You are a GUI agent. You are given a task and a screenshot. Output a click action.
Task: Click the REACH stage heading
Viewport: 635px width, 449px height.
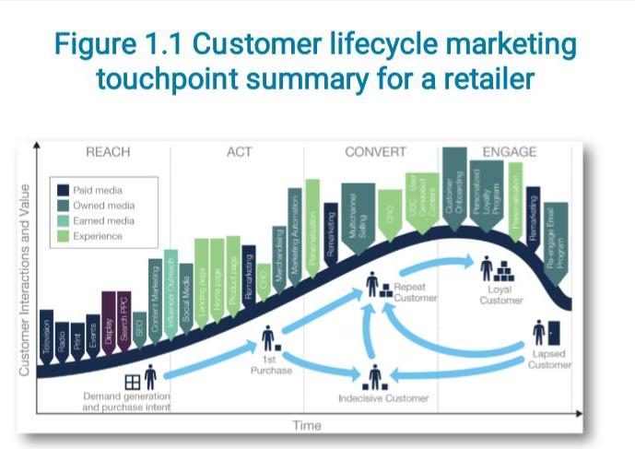[107, 152]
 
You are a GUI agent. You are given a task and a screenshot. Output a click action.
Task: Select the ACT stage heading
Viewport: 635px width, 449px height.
[239, 152]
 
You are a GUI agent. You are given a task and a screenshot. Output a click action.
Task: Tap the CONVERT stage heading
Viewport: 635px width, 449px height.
[376, 152]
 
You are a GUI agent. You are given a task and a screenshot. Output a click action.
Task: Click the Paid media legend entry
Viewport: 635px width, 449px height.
[97, 189]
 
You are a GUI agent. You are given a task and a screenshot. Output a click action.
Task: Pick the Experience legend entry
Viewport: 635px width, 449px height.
[97, 236]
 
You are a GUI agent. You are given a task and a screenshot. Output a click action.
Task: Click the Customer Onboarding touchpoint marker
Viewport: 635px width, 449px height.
[453, 184]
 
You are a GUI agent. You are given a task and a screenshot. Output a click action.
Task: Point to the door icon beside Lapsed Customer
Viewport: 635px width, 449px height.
[554, 332]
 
